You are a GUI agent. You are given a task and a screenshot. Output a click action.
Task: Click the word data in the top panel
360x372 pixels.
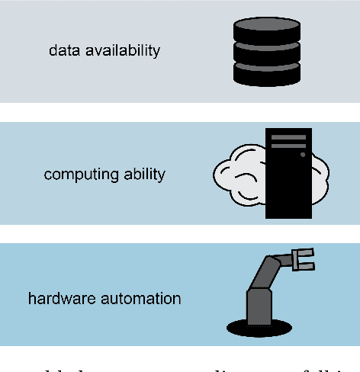point(63,50)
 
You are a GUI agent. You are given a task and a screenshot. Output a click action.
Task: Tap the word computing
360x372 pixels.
point(74,174)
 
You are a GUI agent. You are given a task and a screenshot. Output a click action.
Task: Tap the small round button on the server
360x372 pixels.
point(303,155)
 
